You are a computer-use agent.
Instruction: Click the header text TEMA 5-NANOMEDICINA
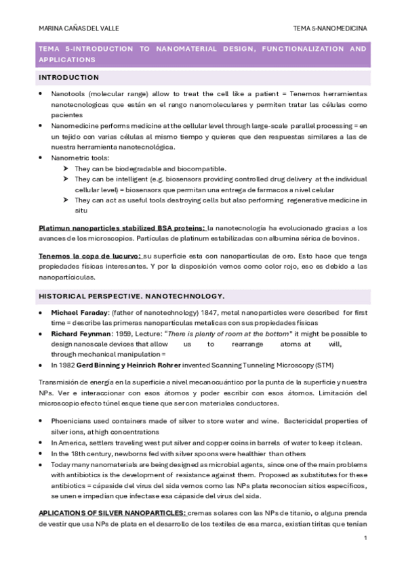[330, 28]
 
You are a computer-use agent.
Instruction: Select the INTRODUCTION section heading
[68, 77]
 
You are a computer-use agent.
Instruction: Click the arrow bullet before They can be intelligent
[66, 179]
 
